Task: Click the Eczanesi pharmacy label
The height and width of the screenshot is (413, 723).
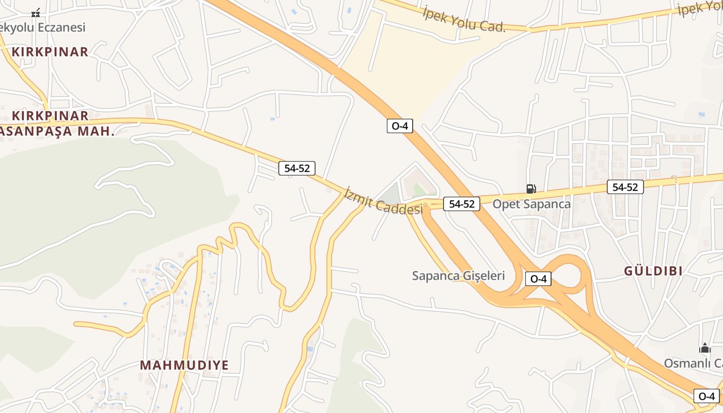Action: pos(42,27)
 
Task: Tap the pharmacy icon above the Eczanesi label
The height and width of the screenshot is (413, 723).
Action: pos(36,13)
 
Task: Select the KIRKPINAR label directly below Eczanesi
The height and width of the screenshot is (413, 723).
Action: pos(50,52)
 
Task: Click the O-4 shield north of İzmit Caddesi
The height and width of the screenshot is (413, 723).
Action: pos(400,125)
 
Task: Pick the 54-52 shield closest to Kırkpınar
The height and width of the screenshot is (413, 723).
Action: pos(297,168)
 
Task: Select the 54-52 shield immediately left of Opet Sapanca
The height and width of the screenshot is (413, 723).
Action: pos(461,204)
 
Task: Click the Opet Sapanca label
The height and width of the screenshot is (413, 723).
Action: pos(531,204)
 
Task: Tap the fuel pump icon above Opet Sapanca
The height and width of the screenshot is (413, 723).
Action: pos(531,189)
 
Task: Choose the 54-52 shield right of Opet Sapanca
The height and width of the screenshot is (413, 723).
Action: pos(625,187)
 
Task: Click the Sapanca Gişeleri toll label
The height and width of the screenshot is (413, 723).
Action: pos(458,276)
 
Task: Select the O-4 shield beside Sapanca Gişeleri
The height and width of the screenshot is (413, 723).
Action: pos(538,279)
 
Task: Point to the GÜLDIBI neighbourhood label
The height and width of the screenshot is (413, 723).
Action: pos(653,271)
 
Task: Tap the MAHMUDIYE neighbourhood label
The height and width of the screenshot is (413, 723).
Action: pos(184,365)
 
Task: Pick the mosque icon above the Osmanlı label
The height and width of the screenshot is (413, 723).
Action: pos(705,348)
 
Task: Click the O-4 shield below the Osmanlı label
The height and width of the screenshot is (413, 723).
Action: pos(706,396)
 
